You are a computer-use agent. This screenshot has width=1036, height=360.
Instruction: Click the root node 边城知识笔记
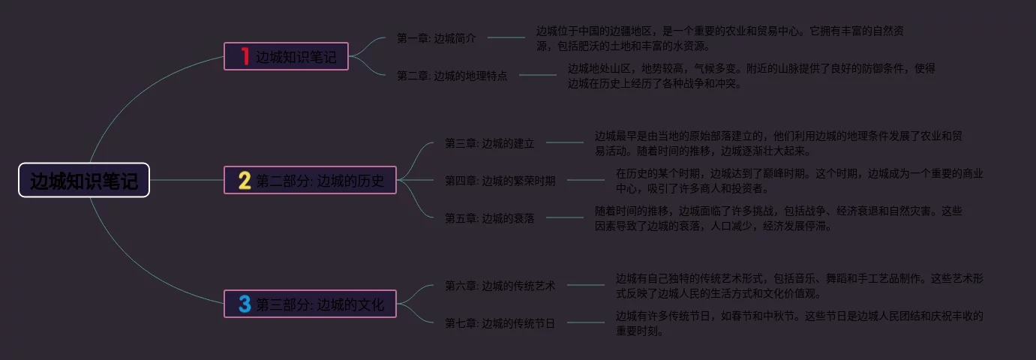[x=84, y=181]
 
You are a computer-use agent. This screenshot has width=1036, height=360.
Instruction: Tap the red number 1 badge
[x=245, y=56]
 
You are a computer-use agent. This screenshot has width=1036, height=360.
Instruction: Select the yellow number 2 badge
[x=245, y=181]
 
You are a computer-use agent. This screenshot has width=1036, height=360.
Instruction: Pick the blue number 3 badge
[x=245, y=304]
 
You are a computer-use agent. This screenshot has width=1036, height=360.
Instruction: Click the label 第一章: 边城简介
[x=436, y=38]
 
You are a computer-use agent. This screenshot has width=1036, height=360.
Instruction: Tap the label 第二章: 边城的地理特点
[x=452, y=76]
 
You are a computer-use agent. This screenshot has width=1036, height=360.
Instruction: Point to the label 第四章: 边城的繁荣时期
[x=500, y=181]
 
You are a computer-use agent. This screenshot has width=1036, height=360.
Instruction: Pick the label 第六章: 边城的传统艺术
[x=500, y=286]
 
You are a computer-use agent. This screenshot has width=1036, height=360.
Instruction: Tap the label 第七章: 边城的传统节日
[x=500, y=323]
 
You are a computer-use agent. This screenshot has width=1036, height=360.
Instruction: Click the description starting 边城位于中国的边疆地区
[x=720, y=38]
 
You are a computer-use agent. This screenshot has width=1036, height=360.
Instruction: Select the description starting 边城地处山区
[x=751, y=76]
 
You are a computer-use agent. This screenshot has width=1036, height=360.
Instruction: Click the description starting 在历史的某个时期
[x=799, y=181]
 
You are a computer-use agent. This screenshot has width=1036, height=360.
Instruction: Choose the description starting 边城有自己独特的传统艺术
[x=799, y=286]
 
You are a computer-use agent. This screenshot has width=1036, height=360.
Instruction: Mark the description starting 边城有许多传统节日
[x=799, y=323]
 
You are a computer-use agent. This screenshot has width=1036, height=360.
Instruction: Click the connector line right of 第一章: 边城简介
[x=506, y=37]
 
